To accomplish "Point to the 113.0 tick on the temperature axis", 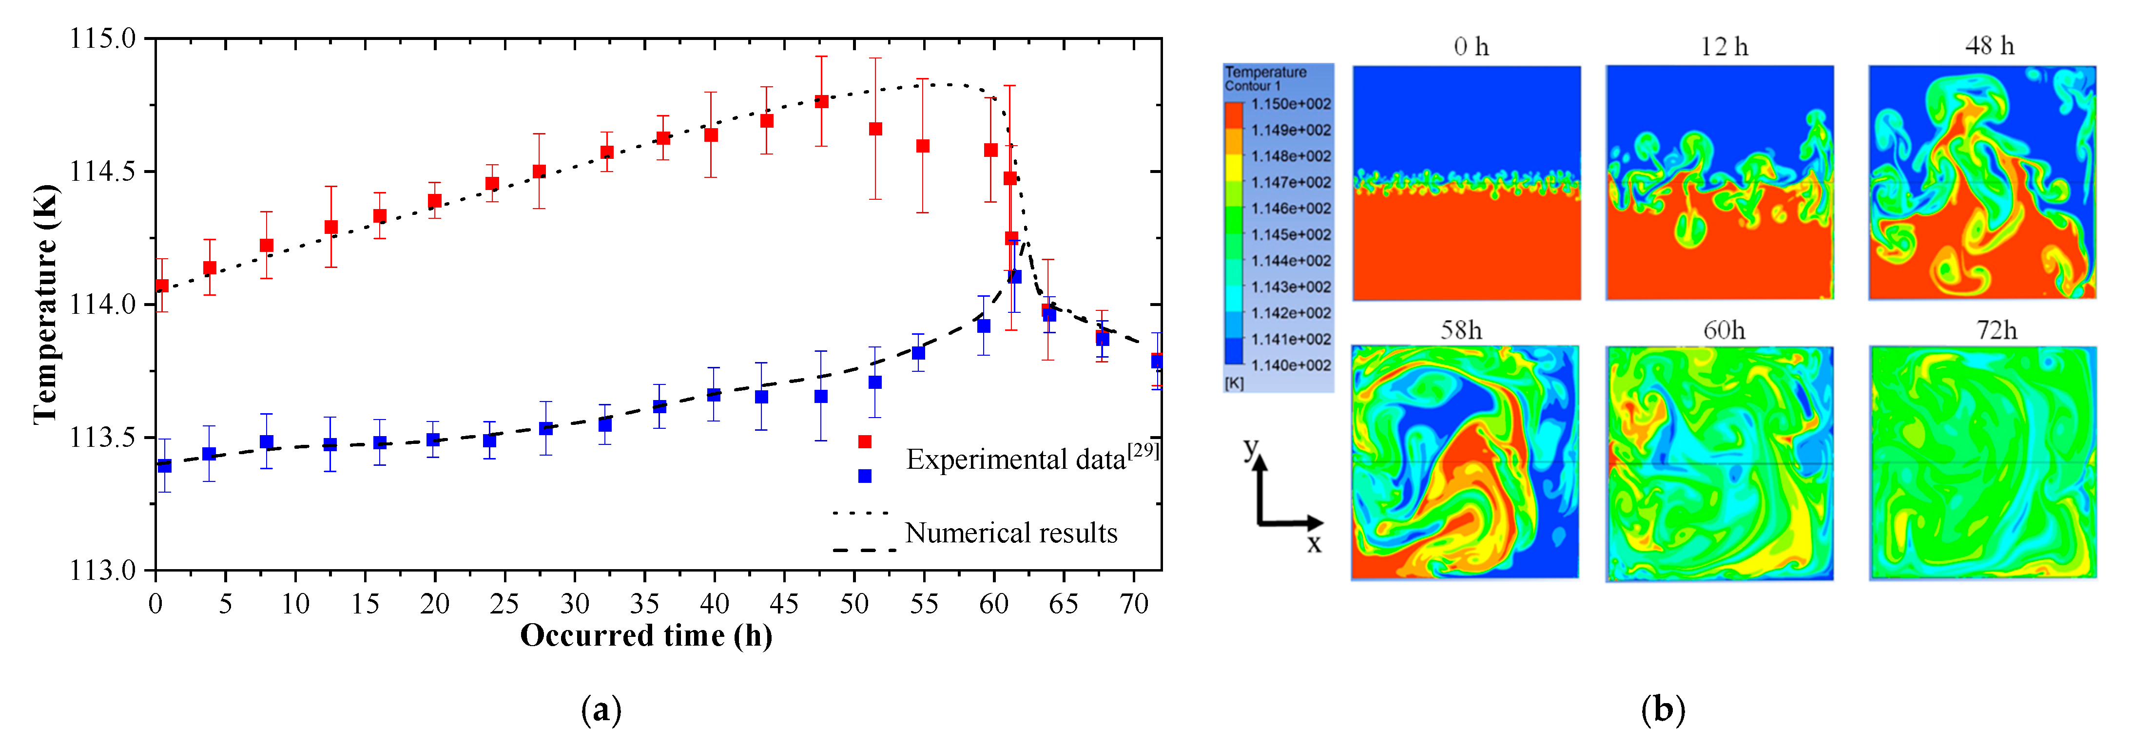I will (x=101, y=571).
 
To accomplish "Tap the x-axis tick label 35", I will (x=644, y=604).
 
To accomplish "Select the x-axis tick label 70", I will (x=1133, y=604).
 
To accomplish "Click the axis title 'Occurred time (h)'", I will (x=645, y=635).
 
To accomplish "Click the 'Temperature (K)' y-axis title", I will (x=45, y=305).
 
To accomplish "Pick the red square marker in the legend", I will (x=865, y=441).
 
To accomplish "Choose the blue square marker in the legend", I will (x=865, y=476).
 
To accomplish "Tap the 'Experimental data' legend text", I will (x=1016, y=459).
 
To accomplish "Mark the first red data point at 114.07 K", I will (x=162, y=286).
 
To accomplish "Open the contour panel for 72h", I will (x=1982, y=463).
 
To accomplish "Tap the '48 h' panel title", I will (x=1990, y=46).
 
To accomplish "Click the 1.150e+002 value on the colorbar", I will (x=1290, y=104).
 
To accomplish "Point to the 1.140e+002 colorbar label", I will (x=1290, y=365).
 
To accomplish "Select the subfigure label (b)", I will (x=1662, y=709).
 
